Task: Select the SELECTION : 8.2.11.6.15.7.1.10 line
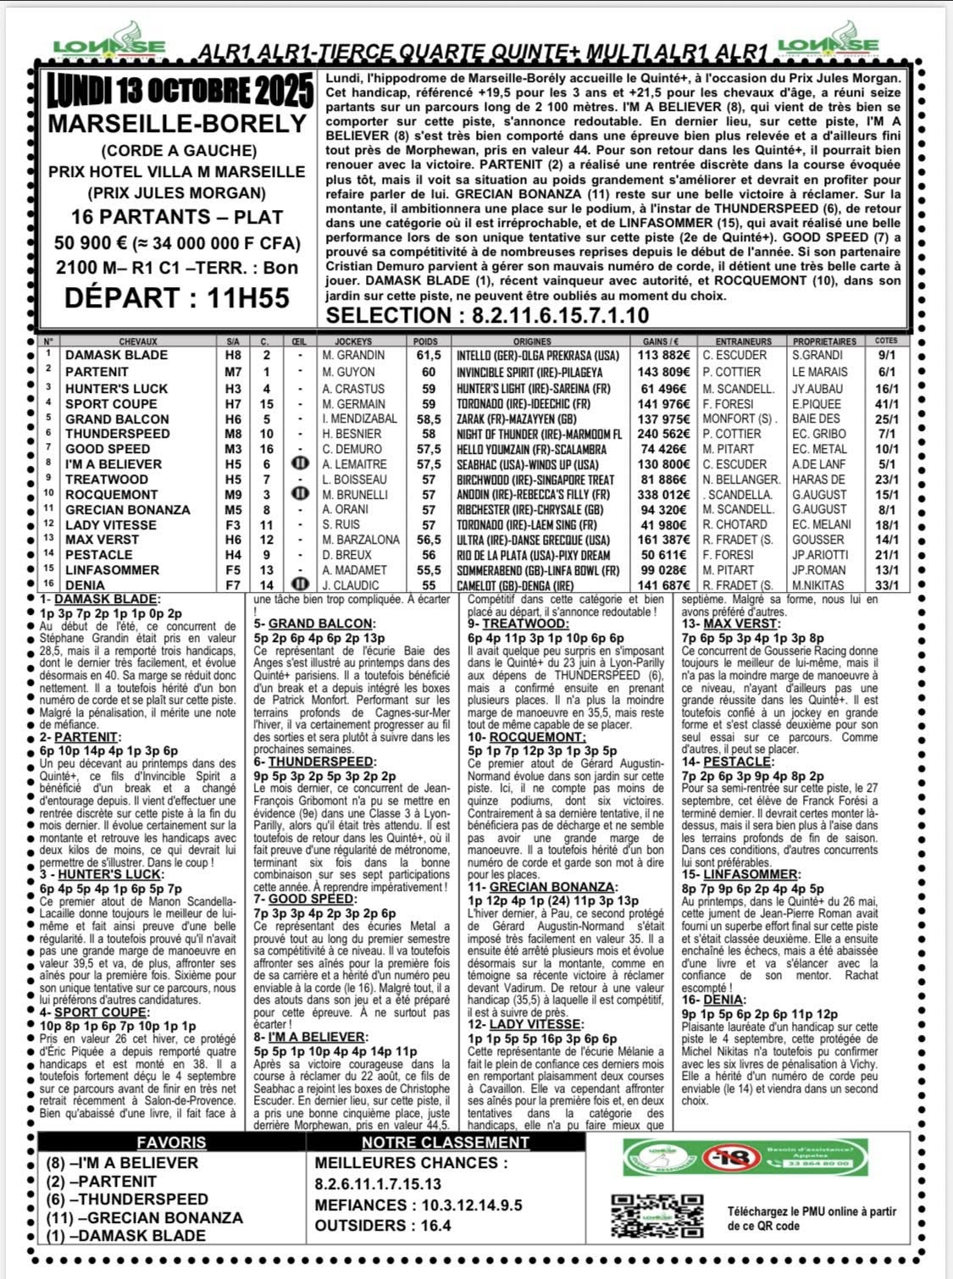(x=488, y=315)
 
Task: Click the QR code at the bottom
(x=638, y=1215)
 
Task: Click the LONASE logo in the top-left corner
(x=109, y=47)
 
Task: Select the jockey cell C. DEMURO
(x=349, y=449)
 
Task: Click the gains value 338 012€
(x=664, y=495)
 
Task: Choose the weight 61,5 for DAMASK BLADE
(x=429, y=356)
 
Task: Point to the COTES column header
(x=885, y=342)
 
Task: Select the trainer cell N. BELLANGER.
(x=739, y=479)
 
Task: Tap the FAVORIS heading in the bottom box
(x=171, y=1142)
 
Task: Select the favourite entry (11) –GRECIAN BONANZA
(x=145, y=1217)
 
